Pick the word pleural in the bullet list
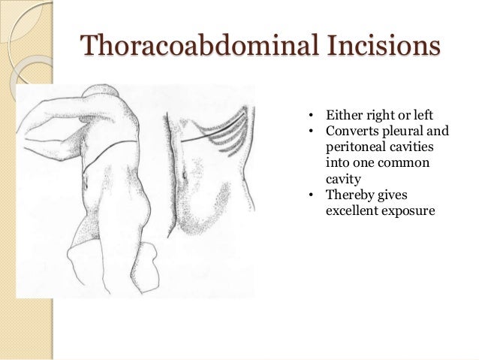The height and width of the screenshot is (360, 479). tap(402, 132)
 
